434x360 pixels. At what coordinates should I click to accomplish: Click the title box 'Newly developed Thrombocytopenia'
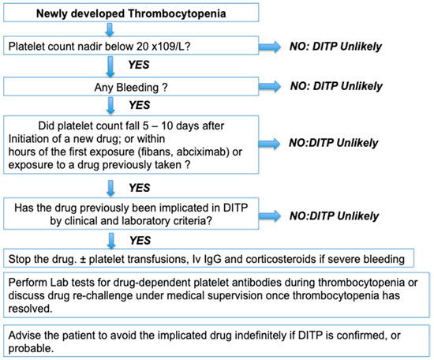coord(131,13)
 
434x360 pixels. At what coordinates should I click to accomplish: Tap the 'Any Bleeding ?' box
coord(131,87)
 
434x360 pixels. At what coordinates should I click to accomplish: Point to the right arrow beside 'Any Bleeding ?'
coord(270,86)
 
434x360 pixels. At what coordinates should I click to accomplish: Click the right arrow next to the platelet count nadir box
coord(270,47)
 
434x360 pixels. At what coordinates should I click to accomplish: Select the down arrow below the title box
coord(110,30)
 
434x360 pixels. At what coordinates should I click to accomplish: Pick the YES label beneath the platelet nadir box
coord(139,65)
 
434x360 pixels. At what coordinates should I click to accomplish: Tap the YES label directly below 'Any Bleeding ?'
coord(140,105)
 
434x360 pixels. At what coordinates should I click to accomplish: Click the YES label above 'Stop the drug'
coord(140,240)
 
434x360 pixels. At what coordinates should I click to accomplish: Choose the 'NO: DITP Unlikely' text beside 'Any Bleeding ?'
coord(336,86)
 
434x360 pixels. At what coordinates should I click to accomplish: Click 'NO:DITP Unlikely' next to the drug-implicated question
coord(334,216)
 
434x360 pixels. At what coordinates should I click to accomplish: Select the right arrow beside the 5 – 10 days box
coord(269,144)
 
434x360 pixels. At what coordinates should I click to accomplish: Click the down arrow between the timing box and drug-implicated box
coord(110,189)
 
